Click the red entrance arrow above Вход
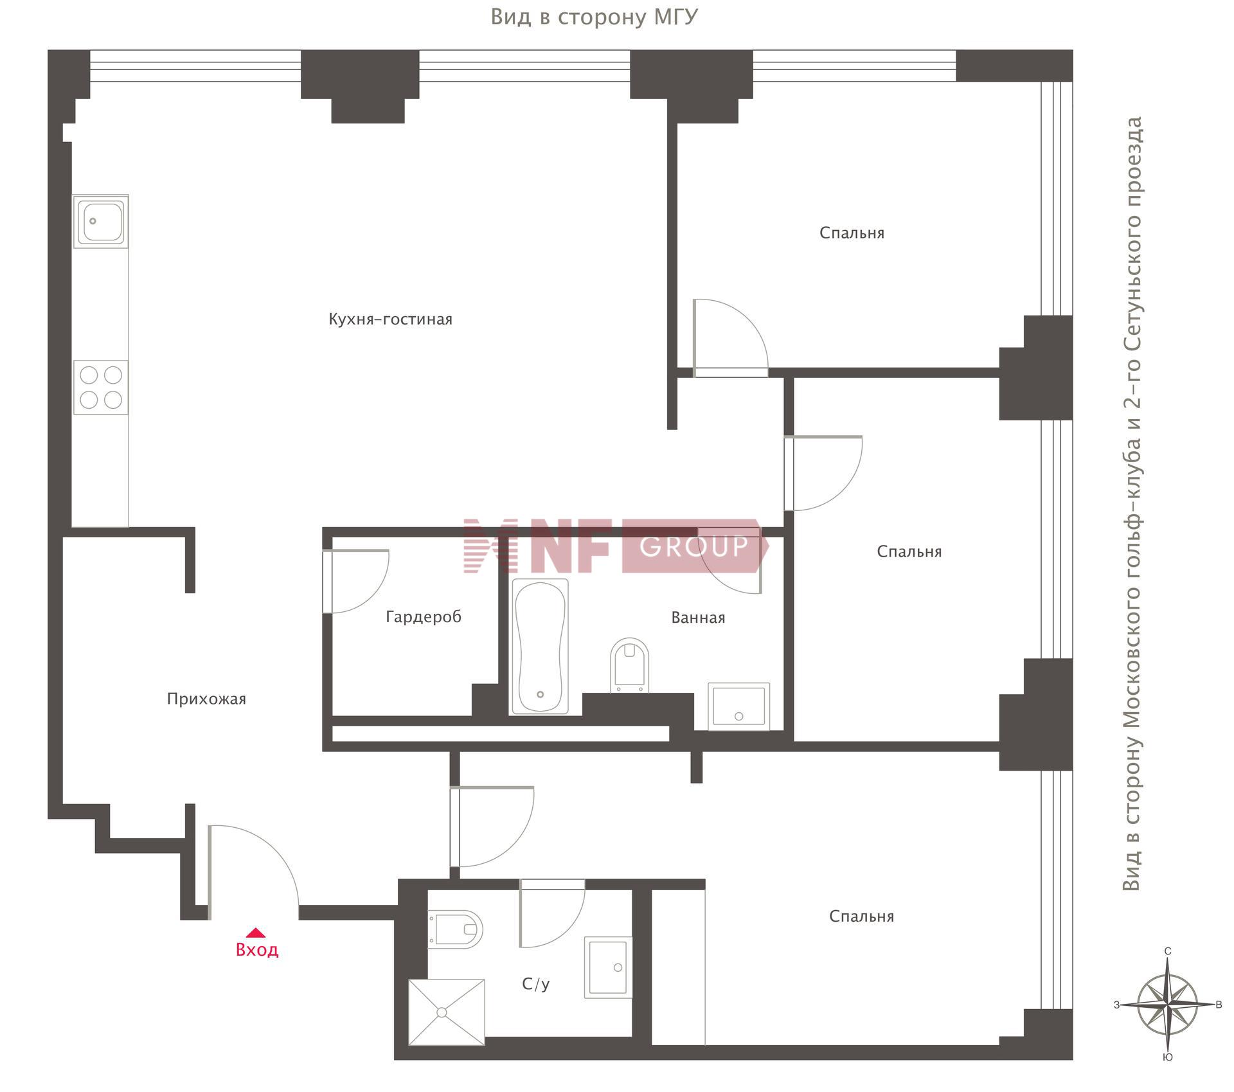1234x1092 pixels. (256, 933)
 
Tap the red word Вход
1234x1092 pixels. (257, 950)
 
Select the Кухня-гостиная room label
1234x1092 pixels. (390, 319)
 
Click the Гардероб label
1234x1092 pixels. (424, 617)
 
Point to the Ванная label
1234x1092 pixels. (698, 618)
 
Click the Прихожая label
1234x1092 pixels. (206, 699)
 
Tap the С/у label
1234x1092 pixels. (536, 984)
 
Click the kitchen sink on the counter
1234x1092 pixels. (101, 222)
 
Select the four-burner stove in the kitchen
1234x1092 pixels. (101, 388)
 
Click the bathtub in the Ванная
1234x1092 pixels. (540, 646)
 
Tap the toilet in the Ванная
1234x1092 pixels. (629, 665)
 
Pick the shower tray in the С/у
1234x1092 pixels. (447, 1012)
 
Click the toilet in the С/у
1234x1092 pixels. (455, 929)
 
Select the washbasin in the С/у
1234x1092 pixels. (608, 967)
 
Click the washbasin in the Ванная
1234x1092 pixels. (739, 706)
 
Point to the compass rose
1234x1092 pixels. (1168, 1005)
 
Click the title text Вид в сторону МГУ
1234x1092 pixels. (594, 17)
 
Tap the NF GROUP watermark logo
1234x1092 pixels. (615, 546)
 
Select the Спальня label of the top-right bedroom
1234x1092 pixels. (852, 233)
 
